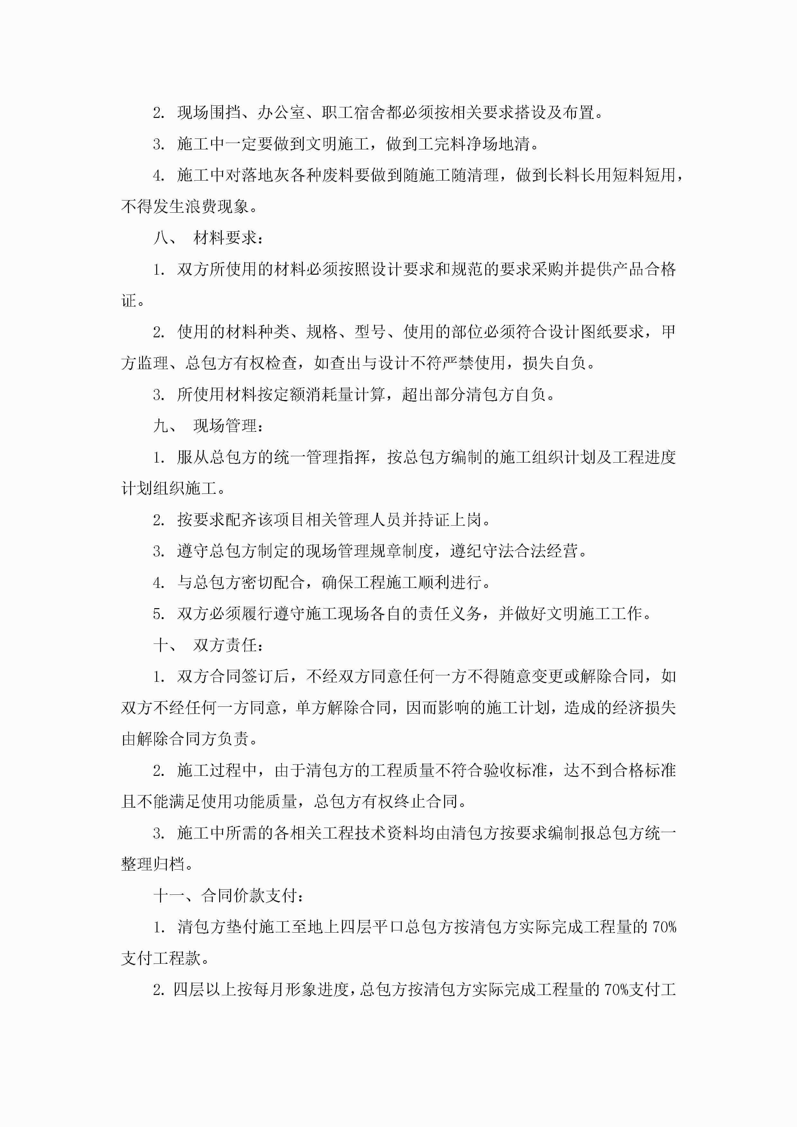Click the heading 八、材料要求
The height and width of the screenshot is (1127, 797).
[x=209, y=238]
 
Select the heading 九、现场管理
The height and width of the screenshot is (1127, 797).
[x=209, y=426]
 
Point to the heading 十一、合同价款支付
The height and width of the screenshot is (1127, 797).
[x=228, y=895]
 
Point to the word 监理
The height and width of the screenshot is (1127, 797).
[x=153, y=363]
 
